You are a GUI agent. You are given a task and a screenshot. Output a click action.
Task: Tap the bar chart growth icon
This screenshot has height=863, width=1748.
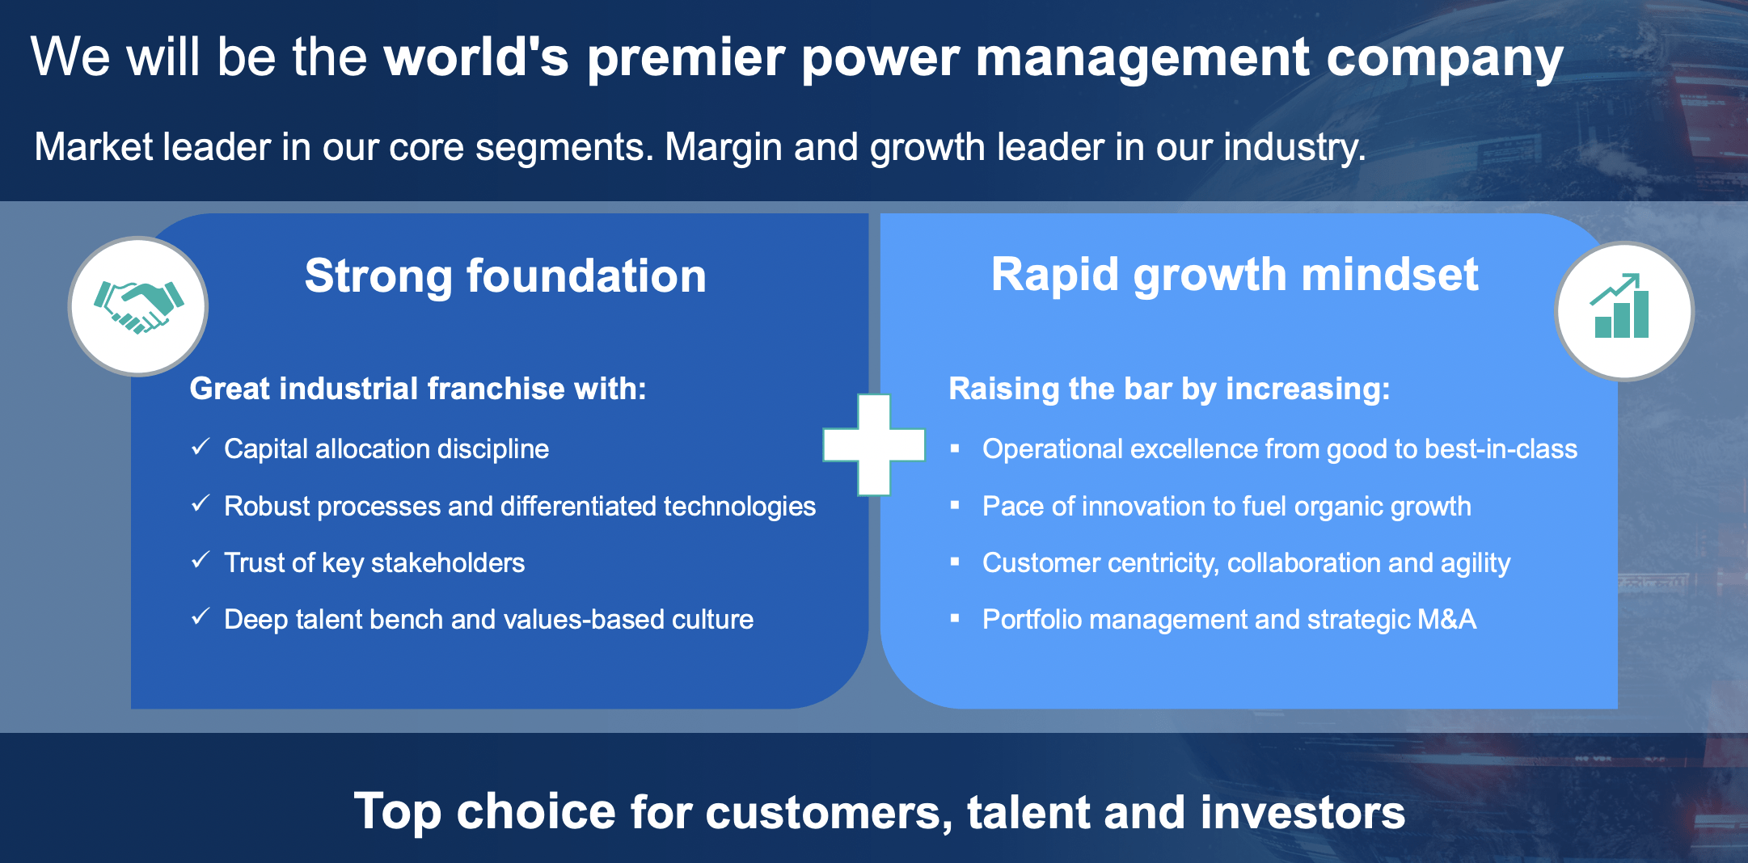click(x=1621, y=306)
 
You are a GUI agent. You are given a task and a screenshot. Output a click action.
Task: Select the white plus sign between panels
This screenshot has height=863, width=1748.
click(x=873, y=444)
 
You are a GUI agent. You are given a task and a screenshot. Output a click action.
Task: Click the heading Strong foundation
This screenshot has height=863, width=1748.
click(x=505, y=276)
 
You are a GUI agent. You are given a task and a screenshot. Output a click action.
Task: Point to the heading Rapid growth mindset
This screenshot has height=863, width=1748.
click(x=1235, y=275)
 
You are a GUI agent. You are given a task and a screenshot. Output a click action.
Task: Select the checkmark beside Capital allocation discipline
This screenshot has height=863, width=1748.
click(x=201, y=447)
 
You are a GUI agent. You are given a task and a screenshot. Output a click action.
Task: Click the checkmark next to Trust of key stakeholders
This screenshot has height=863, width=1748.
click(x=201, y=560)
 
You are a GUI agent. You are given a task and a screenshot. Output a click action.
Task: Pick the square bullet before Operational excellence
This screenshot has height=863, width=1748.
click(x=955, y=448)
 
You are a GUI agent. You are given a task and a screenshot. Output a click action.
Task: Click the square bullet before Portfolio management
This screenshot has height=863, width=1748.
click(x=955, y=618)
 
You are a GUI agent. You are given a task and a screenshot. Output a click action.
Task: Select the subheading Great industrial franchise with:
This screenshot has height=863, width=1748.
click(x=418, y=389)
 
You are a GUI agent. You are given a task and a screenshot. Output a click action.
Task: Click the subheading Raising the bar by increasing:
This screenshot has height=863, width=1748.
click(x=1169, y=389)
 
